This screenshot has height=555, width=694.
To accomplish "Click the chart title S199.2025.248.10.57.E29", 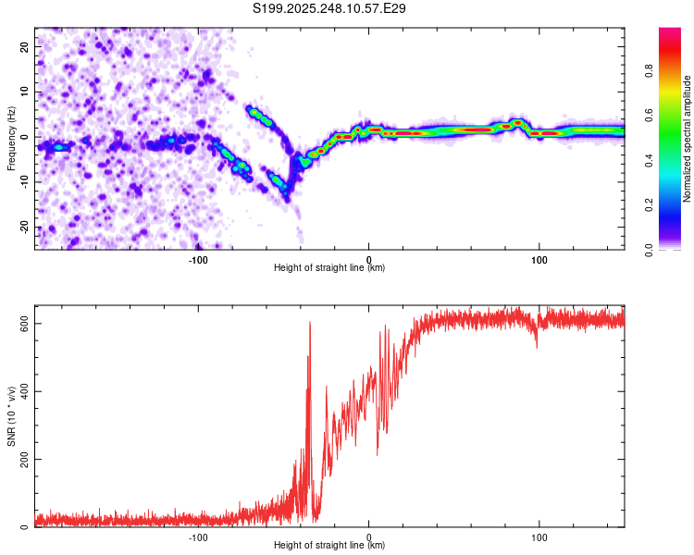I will [x=329, y=8].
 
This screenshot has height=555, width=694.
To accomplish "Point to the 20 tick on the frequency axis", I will [x=25, y=46].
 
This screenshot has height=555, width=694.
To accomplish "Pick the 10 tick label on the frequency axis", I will [x=25, y=92].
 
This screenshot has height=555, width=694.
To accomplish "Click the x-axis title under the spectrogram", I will [x=329, y=269].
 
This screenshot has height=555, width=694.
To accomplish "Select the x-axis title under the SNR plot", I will [x=329, y=547].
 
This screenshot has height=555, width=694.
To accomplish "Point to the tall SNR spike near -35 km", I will [x=310, y=324].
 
